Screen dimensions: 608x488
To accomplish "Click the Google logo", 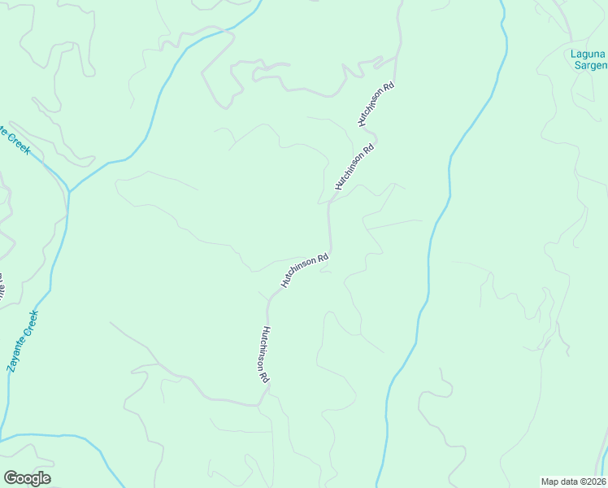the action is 27,478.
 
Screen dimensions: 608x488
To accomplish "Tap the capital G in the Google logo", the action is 11,478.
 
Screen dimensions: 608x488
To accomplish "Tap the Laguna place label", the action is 588,54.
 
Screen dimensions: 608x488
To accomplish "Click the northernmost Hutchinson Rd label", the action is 376,104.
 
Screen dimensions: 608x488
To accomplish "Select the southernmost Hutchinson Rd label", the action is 264,355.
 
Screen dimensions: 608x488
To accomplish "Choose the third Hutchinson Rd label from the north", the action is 304,270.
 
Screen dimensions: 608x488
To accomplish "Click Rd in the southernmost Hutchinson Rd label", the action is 266,377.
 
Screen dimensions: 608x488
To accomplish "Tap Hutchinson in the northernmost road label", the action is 371,110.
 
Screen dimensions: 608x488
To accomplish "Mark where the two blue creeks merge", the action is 70,192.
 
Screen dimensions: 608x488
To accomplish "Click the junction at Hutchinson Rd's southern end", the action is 259,403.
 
